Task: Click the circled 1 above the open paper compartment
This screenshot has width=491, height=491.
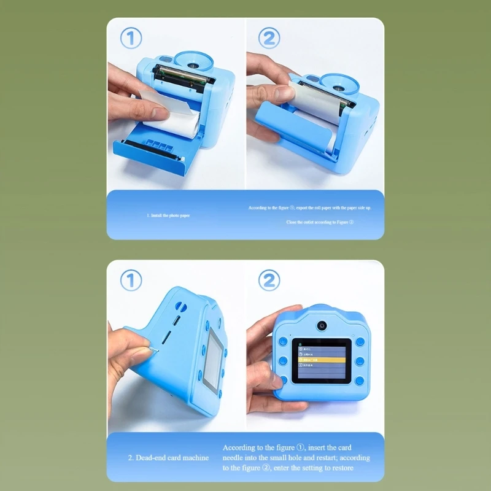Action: (130, 39)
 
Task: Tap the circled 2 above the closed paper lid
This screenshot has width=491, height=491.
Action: (269, 39)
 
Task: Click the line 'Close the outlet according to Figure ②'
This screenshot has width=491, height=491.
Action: (320, 222)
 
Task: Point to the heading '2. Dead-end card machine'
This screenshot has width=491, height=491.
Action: (168, 458)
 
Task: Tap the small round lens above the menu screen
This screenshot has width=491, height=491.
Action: (321, 324)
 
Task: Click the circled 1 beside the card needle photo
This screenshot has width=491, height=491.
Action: (130, 280)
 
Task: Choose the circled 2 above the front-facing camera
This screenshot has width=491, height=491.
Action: (269, 280)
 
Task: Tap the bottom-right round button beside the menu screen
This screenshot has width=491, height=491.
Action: (360, 381)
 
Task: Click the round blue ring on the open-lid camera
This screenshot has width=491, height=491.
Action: (195, 61)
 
